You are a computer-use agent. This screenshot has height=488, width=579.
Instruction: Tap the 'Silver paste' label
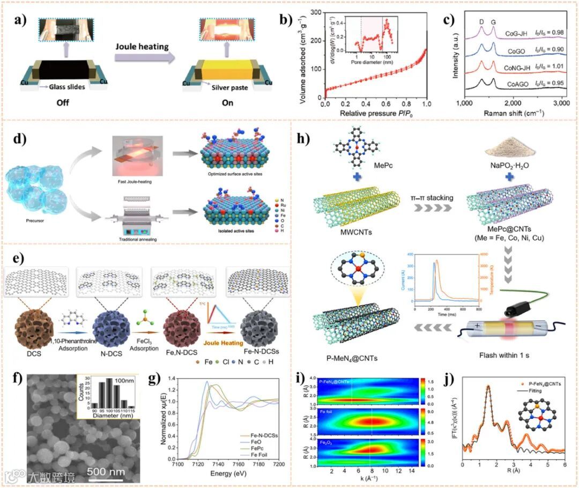(x=231, y=88)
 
